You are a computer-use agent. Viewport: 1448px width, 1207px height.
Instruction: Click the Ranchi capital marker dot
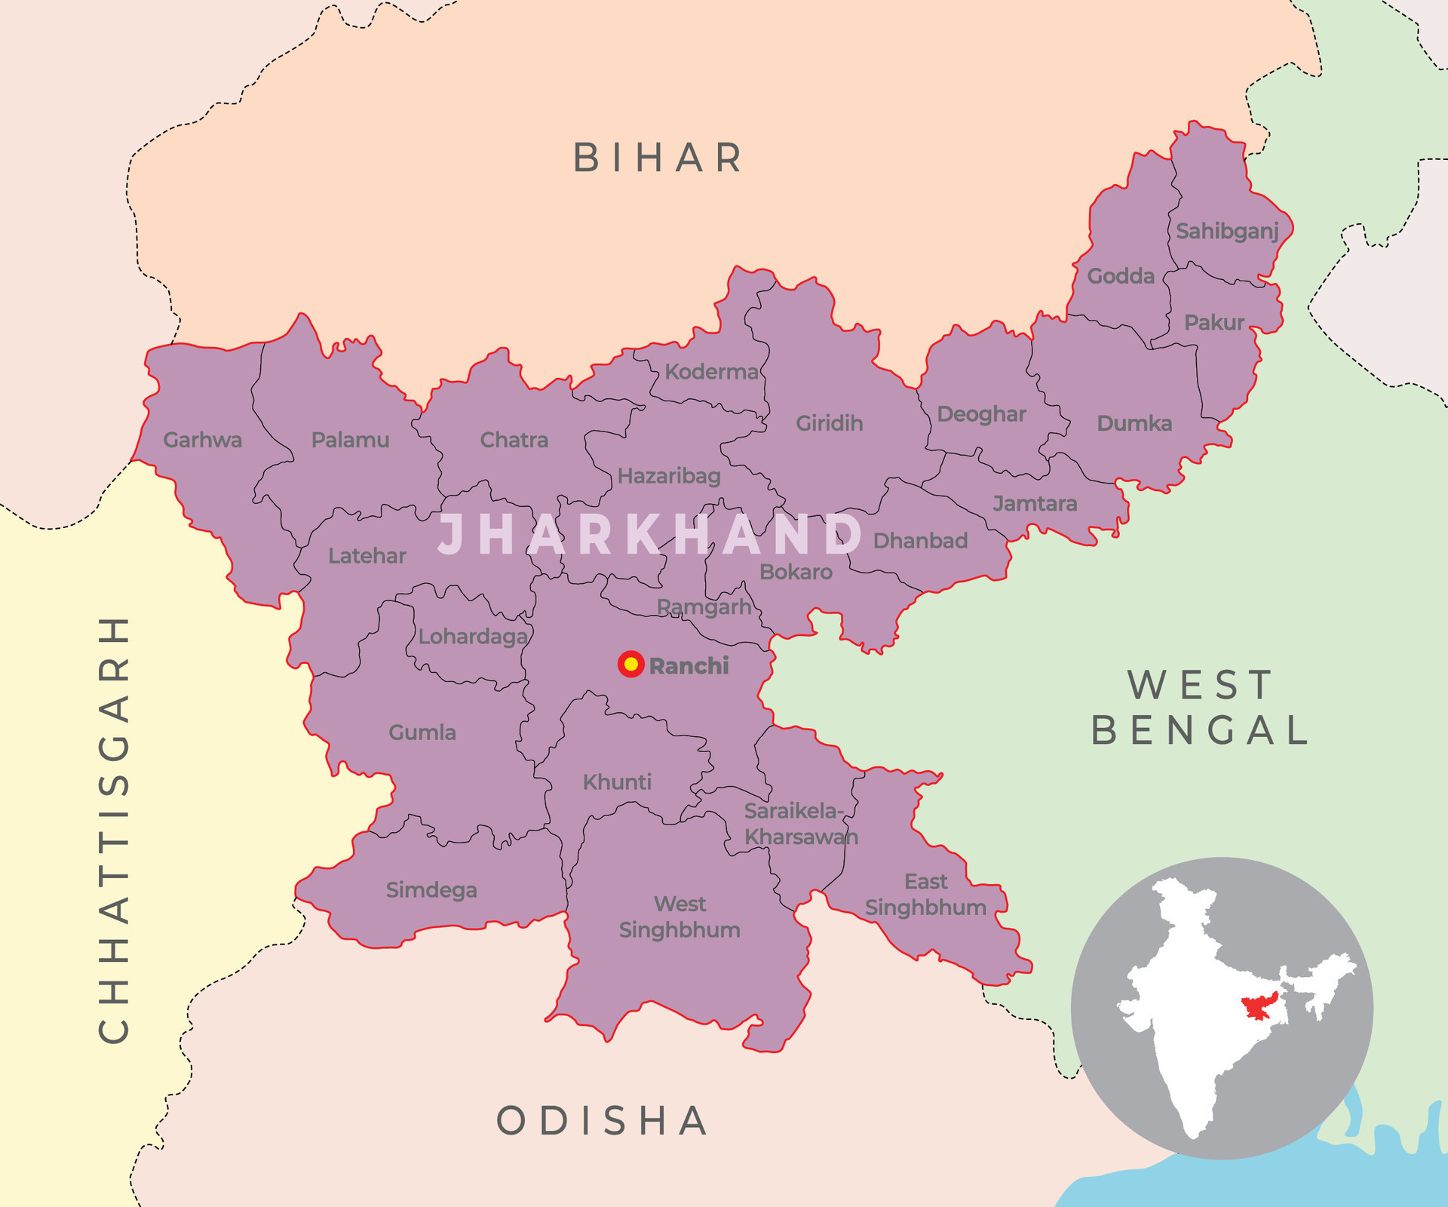point(630,665)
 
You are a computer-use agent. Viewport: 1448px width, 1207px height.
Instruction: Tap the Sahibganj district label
point(1227,231)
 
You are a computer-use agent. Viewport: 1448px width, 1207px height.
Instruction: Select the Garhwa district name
point(202,440)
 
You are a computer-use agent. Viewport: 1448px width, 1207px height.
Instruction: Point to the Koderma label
point(711,372)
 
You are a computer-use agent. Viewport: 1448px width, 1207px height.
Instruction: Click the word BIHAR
point(658,158)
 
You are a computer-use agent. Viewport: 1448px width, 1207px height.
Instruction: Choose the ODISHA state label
point(603,1120)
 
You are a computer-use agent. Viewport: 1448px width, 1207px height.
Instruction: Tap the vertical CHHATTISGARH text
point(115,830)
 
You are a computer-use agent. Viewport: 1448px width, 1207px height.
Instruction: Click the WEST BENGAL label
point(1201,708)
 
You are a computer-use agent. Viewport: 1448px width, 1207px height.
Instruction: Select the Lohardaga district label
point(473,637)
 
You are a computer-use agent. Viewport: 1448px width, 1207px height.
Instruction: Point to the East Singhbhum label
point(925,894)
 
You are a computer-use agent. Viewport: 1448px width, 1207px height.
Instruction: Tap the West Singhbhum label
point(680,917)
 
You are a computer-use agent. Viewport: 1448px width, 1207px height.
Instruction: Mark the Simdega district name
point(431,890)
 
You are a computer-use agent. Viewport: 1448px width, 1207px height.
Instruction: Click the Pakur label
point(1213,323)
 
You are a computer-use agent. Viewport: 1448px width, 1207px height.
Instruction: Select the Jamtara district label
point(1035,503)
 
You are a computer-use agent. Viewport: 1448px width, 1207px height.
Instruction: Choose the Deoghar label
point(981,414)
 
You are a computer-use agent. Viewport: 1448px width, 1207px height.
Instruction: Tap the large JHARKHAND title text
point(650,535)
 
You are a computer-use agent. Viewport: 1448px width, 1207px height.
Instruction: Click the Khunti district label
point(617,782)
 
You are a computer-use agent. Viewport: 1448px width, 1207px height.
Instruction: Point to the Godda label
point(1121,276)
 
